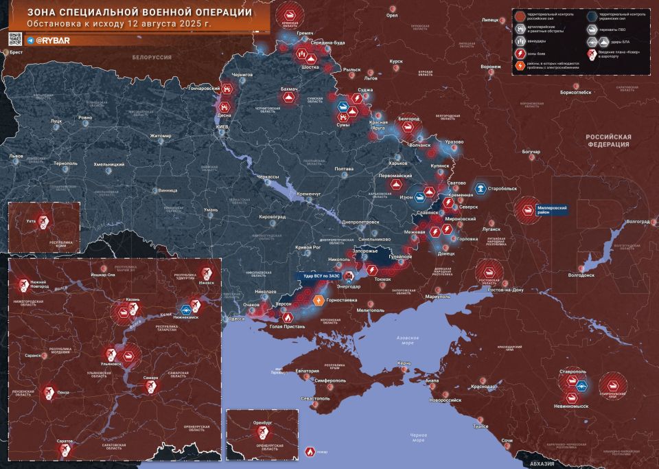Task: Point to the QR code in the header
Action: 15,39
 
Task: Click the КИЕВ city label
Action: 222,127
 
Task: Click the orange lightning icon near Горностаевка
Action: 318,300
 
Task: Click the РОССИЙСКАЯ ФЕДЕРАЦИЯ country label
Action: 608,141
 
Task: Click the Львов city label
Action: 15,156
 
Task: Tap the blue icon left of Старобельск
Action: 481,186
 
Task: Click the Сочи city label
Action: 507,439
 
